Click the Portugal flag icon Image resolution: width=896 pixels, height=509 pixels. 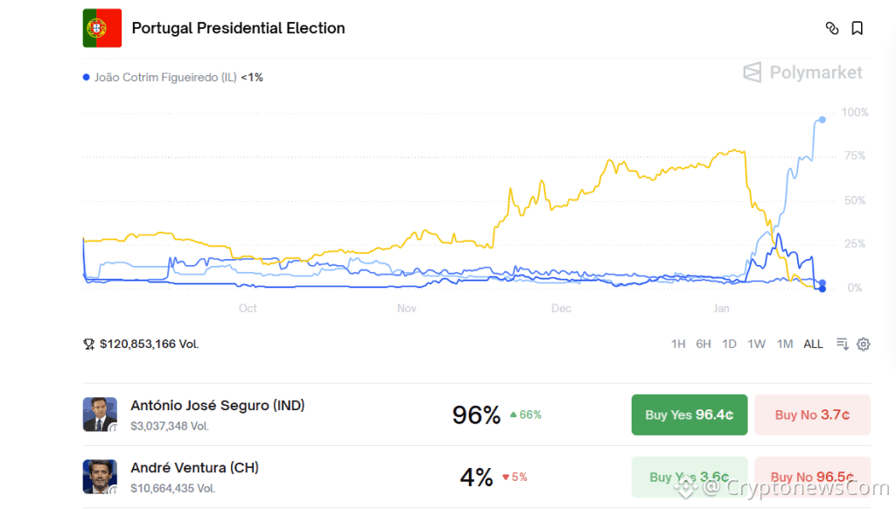tap(102, 28)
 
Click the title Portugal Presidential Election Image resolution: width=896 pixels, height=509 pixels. tap(238, 28)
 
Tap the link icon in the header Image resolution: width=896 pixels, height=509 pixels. tap(832, 28)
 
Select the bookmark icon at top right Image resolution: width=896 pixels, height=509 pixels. tap(857, 28)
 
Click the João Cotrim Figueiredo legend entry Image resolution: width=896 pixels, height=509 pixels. tap(172, 77)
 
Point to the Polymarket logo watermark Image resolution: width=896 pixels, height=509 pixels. tap(803, 73)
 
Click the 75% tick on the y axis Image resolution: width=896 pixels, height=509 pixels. tap(853, 157)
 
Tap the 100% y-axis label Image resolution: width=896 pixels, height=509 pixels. tap(855, 113)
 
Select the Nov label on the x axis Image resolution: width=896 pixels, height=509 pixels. tap(407, 309)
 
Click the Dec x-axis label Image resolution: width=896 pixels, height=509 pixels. tap(562, 309)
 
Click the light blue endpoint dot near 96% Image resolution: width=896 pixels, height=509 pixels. tap(822, 120)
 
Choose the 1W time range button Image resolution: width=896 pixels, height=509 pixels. tap(757, 344)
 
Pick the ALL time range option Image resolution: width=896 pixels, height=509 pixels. tap(813, 344)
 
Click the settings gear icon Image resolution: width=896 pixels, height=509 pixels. tap(864, 344)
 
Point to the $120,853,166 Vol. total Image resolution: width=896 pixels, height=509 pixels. tap(149, 344)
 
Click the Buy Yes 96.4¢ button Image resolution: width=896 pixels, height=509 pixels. tap(689, 415)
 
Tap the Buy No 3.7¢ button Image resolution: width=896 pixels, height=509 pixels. tap(812, 415)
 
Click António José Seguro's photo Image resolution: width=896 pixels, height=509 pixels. tap(100, 415)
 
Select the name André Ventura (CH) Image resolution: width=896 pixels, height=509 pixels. tap(194, 468)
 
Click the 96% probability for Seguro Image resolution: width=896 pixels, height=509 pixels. tap(476, 415)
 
